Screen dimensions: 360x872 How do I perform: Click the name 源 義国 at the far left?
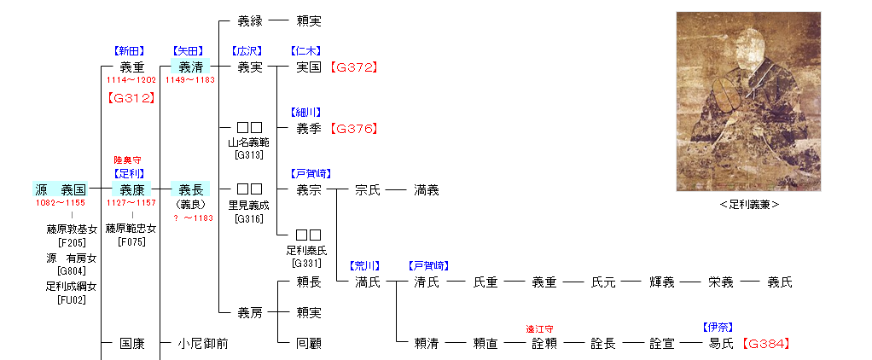coord(61,189)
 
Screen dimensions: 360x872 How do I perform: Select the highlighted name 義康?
coord(132,189)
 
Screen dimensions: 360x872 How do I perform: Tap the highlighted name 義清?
coord(190,66)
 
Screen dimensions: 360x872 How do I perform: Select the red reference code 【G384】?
coord(765,344)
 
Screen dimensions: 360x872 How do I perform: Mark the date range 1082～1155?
coord(60,203)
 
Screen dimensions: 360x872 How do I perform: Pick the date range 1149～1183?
coord(190,79)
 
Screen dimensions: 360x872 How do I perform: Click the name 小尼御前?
coord(203,344)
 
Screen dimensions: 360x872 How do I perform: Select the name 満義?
coord(427,190)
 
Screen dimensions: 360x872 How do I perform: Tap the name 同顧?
coord(309,344)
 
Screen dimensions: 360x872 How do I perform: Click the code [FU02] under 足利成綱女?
coord(71,299)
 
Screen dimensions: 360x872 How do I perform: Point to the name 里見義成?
coord(248,205)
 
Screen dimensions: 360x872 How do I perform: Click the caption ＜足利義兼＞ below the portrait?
coord(747,205)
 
